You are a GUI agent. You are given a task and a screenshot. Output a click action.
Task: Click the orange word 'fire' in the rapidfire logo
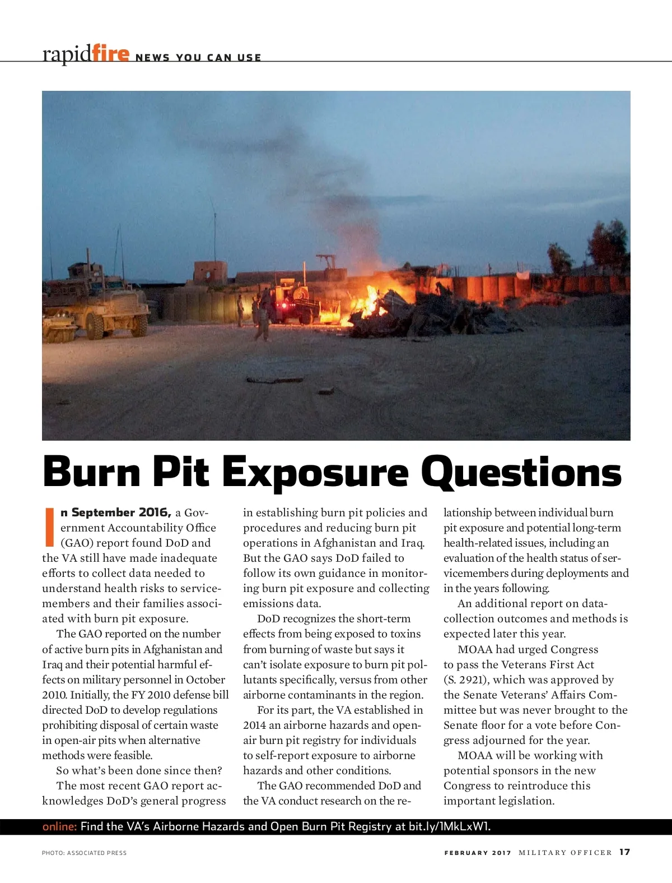[x=110, y=54]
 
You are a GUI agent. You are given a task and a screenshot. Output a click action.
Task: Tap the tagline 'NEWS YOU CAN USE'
[x=198, y=58]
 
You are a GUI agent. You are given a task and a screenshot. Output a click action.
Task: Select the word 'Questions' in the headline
[x=521, y=473]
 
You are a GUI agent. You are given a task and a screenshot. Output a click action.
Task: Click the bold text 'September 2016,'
[x=116, y=512]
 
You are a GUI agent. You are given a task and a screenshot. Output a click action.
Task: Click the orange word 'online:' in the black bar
[x=59, y=826]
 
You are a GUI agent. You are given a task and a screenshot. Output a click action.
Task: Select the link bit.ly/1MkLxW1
[x=449, y=826]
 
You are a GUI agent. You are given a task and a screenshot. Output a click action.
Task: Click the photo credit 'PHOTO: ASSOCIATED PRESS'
[x=84, y=853]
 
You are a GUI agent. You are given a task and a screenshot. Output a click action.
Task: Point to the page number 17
[x=624, y=852]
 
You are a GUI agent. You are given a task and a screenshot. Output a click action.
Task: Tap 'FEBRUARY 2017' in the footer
[x=478, y=853]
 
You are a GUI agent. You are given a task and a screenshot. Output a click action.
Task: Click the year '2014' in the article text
[x=254, y=725]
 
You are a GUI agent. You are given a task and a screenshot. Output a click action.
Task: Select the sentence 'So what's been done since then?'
[x=139, y=770]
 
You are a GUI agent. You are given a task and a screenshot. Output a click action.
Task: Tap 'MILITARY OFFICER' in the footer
[x=565, y=853]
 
